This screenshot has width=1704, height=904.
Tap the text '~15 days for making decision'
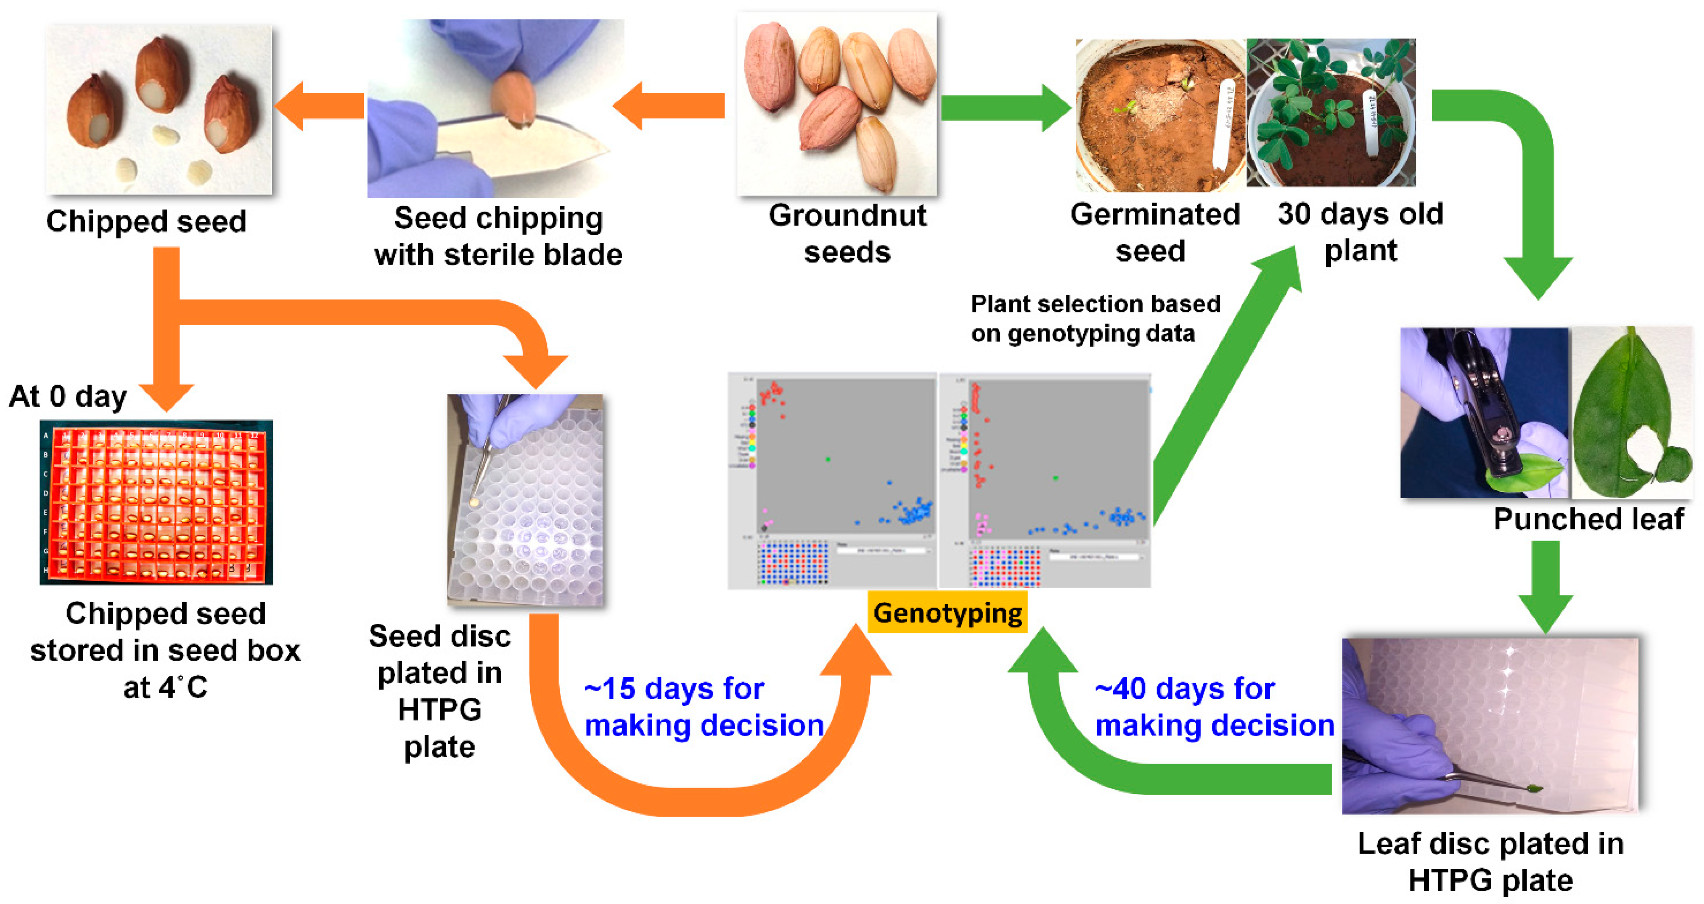704,706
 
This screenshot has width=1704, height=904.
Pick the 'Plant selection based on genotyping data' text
1095,318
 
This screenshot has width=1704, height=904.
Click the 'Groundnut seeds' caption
847,234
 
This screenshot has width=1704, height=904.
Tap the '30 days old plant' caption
1360,232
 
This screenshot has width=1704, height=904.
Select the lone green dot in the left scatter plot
827,459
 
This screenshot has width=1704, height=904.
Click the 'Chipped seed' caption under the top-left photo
146,221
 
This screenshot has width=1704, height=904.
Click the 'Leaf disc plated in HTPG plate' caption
1490,862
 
